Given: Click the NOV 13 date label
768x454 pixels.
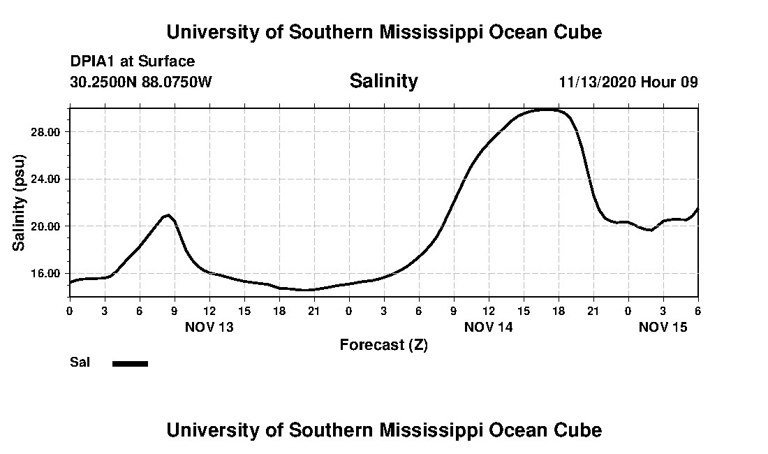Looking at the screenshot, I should click(209, 327).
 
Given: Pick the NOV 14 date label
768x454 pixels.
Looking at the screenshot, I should click(488, 327).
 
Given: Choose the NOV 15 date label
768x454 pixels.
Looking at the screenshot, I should click(663, 327).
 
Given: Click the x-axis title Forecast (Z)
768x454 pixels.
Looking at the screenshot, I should click(383, 345).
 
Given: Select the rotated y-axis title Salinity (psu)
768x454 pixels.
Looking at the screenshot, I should click(20, 203).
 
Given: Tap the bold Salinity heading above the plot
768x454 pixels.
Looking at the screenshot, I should click(383, 81).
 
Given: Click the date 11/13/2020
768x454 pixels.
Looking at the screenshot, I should click(596, 82).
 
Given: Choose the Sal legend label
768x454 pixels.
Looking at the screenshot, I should click(80, 363).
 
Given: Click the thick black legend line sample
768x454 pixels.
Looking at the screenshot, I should click(131, 363).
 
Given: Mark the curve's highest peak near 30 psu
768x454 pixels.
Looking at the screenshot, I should click(545, 110).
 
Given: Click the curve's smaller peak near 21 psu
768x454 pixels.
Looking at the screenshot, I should click(168, 215).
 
